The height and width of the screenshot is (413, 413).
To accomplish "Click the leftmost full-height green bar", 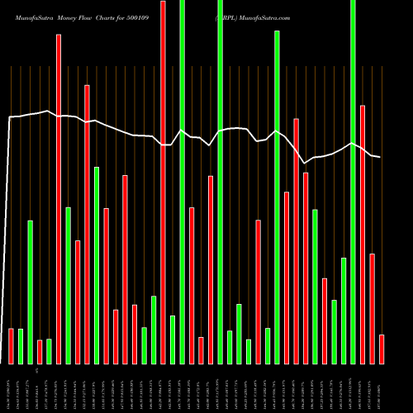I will (x=182, y=182).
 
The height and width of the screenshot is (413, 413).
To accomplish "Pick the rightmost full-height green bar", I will (x=353, y=182).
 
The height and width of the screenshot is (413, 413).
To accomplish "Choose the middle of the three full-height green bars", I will (x=220, y=182).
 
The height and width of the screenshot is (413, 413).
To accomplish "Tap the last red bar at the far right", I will (x=381, y=349).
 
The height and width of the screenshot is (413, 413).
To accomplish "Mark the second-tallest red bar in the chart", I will (x=59, y=198).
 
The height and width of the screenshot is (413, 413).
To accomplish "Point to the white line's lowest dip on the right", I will (x=305, y=163).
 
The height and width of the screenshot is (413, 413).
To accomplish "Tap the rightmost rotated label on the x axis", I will (x=382, y=388).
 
